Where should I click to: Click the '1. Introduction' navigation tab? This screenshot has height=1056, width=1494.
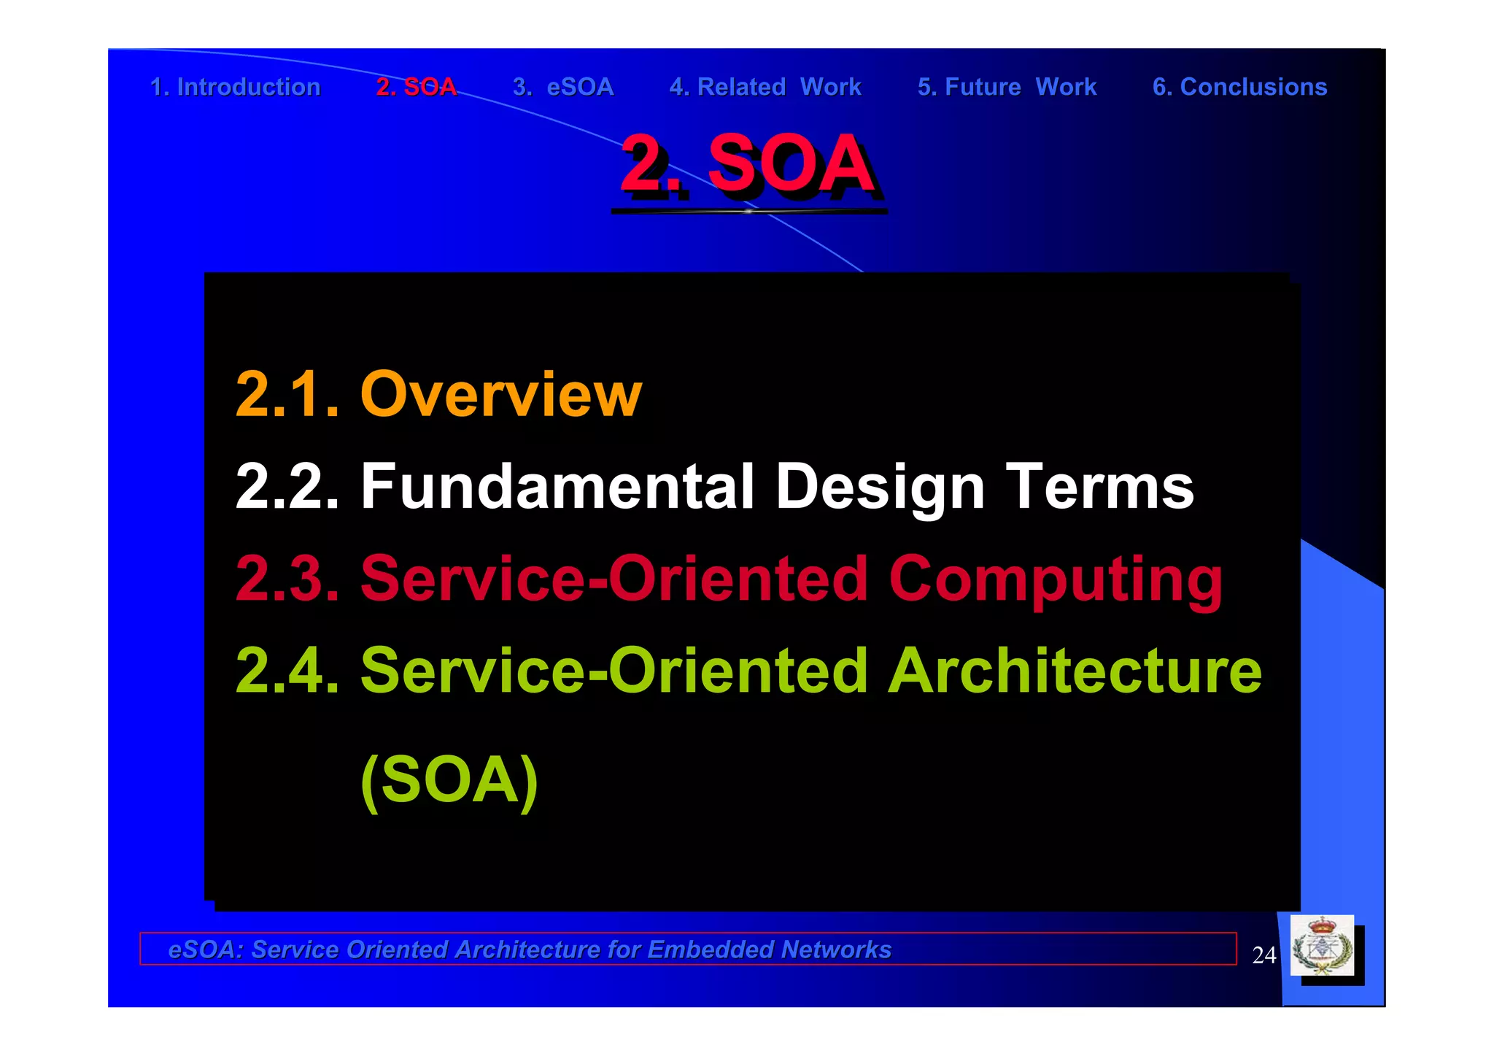coord(235,87)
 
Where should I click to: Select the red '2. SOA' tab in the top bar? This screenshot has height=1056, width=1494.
coord(416,87)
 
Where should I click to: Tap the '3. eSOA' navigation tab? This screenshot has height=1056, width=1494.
coord(563,87)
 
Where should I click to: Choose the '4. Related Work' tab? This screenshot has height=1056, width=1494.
coord(765,87)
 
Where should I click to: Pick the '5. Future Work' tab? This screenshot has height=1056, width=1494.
coord(1007,87)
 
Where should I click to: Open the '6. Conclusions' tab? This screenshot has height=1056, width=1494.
coord(1239,87)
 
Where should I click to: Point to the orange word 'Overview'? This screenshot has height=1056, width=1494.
coord(501,394)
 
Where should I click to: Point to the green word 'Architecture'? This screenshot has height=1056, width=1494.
coord(1075,671)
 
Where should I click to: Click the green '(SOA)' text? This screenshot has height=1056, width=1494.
coord(449,780)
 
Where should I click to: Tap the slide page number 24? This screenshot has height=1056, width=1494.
coord(1263,955)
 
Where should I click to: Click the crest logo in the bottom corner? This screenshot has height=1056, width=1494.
coord(1322,946)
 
